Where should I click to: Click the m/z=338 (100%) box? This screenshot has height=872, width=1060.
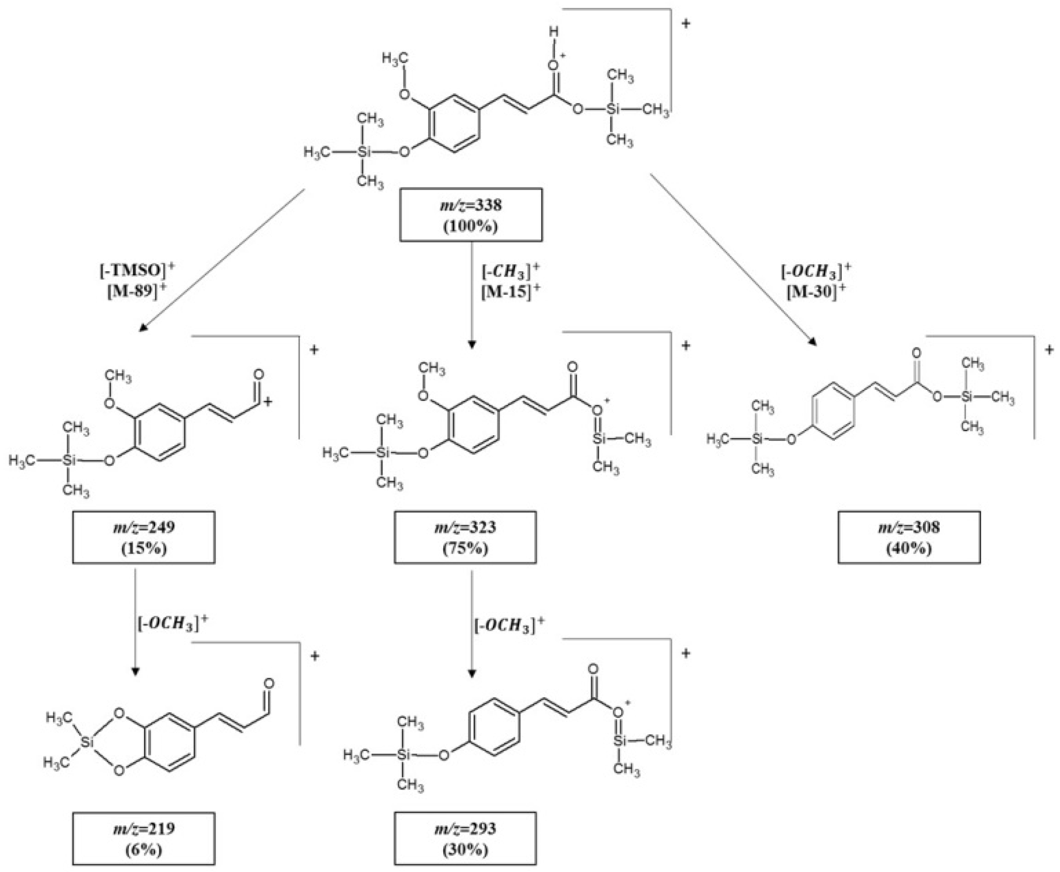tap(470, 215)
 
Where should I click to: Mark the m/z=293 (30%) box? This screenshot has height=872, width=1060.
tap(465, 838)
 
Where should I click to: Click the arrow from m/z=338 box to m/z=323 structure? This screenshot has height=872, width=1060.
tap(471, 294)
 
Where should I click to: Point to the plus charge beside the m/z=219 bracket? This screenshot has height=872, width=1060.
tap(315, 656)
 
